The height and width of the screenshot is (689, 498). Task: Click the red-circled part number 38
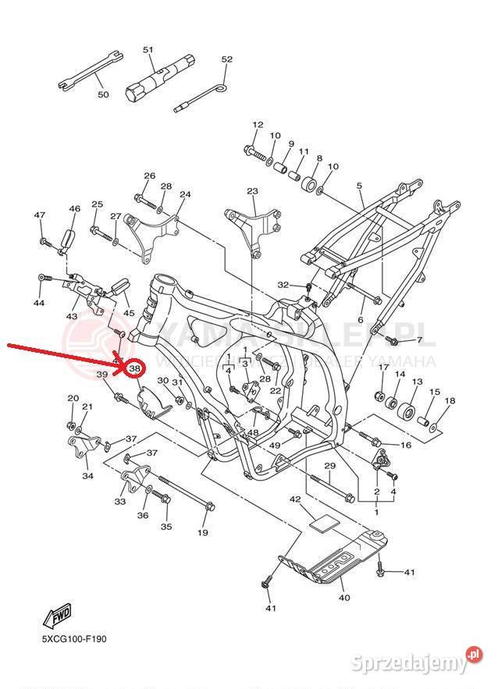135,368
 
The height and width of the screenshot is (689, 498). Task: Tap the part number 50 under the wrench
103,94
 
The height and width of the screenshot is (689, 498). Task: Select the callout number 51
148,50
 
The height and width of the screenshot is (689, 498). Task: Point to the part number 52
227,59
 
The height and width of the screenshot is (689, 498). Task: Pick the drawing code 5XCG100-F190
74,639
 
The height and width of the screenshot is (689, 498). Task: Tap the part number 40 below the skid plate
344,598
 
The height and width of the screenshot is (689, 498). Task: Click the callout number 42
295,499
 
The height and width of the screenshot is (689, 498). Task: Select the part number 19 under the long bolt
203,533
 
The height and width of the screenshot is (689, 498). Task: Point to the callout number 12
258,125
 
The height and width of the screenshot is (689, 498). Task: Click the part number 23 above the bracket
252,191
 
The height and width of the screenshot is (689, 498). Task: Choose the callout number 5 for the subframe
360,186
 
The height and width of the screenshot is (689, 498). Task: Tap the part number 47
40,215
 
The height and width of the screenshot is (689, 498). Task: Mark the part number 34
87,475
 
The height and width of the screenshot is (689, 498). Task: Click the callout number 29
329,466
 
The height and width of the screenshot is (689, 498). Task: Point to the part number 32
283,285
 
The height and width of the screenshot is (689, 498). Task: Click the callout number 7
418,340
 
